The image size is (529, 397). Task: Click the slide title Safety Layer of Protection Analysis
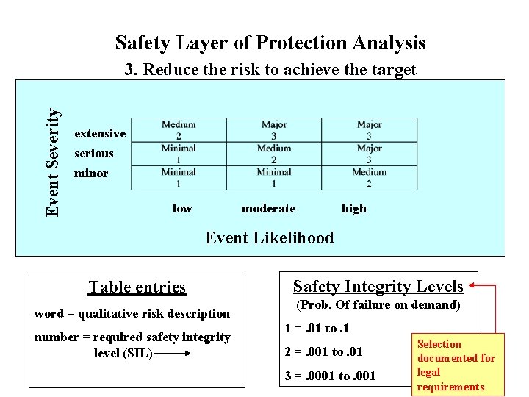click(x=270, y=43)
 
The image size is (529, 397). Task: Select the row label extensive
click(x=100, y=134)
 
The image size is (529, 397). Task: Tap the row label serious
click(x=94, y=154)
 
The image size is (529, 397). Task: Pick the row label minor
click(x=91, y=174)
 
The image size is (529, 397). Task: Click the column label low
click(x=182, y=208)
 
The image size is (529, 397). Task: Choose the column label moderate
click(x=268, y=208)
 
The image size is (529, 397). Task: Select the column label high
click(x=353, y=208)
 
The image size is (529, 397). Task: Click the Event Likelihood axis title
click(x=269, y=237)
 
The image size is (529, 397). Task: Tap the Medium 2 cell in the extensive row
click(x=179, y=130)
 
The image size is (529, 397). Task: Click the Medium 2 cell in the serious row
click(x=274, y=154)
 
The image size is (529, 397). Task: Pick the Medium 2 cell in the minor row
click(x=369, y=178)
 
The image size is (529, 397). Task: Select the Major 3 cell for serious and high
click(x=369, y=154)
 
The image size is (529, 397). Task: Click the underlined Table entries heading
click(x=137, y=287)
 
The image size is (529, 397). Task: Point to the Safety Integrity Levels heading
click(x=378, y=286)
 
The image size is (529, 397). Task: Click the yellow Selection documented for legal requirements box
click(x=456, y=365)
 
